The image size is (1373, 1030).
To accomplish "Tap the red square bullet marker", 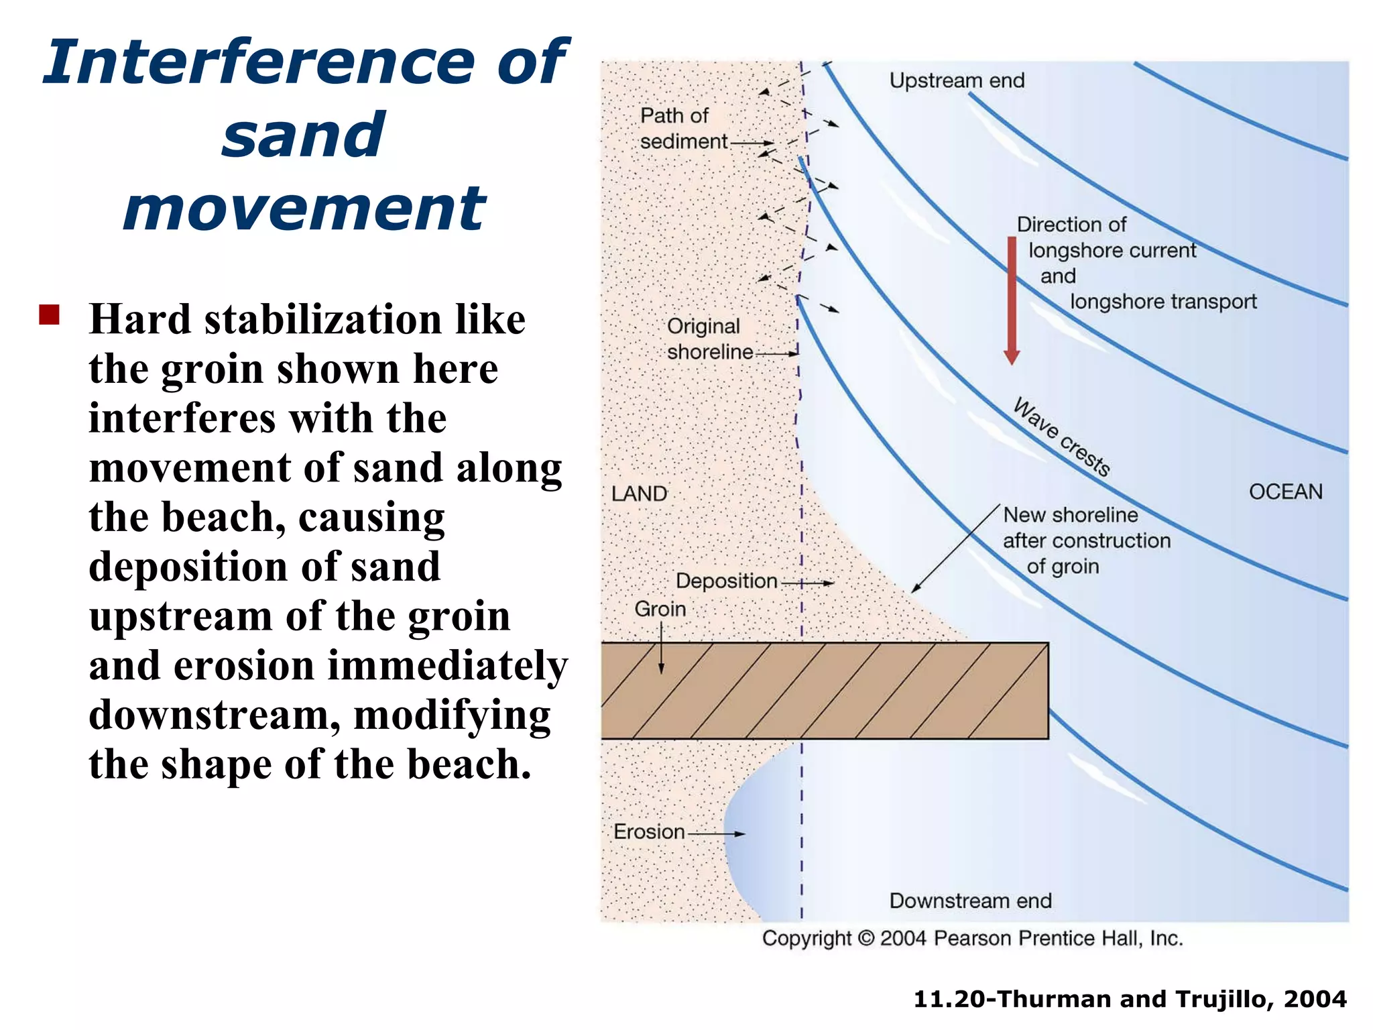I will pos(50,314).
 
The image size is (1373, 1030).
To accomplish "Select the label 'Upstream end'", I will pos(957,80).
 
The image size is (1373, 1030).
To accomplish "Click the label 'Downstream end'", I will pos(970,901).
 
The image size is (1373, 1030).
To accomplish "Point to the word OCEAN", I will pos(1285,492).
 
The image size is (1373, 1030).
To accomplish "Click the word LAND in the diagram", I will pos(639,494).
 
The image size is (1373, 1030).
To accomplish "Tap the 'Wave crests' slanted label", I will pos(1061,437).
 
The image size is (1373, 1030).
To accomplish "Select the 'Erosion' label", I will pos(649,832).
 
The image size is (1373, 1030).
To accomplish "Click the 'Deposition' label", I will pos(726,581).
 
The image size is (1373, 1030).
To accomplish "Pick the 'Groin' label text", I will pos(660,609).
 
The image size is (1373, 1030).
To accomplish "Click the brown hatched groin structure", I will pos(825,691).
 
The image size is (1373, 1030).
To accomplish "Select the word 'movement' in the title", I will pos(304,209).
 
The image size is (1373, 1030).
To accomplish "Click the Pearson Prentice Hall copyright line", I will pos(972,938).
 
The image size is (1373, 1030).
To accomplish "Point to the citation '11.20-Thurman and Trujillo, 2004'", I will pos(1130,999).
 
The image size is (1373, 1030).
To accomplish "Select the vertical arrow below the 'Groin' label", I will pos(661,648).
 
